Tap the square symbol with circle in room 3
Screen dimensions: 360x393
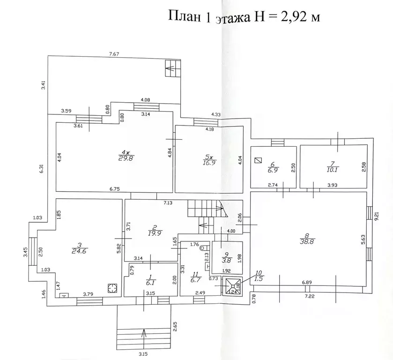click(112, 288)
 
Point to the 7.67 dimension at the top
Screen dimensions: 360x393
click(114, 54)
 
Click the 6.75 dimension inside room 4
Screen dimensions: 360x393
click(115, 189)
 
